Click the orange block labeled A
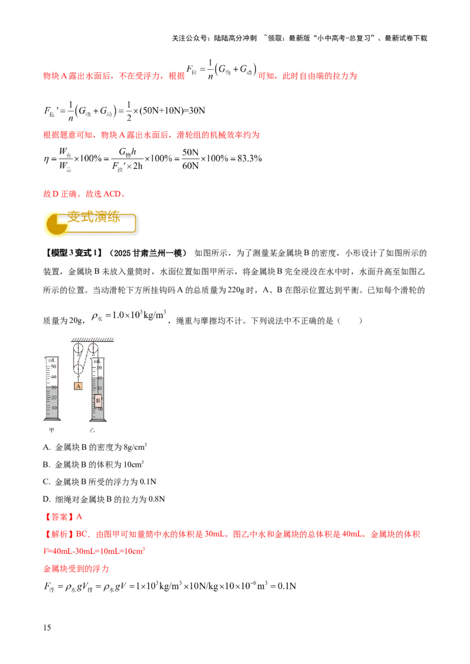pos(78,385)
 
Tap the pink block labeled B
pos(98,401)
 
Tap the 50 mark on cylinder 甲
pos(53,365)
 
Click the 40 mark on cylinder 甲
pos(53,377)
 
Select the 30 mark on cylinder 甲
pos(53,387)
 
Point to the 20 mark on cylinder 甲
pos(53,398)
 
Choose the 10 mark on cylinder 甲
pos(53,408)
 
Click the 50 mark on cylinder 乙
pos(100,367)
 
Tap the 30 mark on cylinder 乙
pos(100,388)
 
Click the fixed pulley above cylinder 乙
pos(92,350)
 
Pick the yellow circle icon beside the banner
pos(55,223)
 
